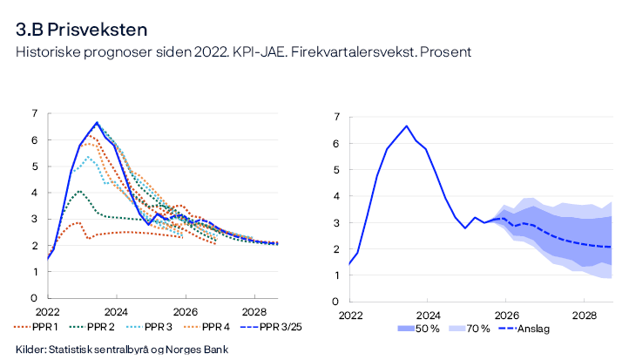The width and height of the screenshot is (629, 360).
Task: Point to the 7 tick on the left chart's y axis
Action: pos(35,113)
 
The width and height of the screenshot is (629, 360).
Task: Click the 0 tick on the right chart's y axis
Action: pos(336,302)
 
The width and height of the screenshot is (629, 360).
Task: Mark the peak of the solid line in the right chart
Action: pos(407,126)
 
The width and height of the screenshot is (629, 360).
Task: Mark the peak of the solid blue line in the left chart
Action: pos(97,123)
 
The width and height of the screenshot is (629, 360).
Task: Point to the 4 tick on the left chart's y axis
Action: pos(35,193)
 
